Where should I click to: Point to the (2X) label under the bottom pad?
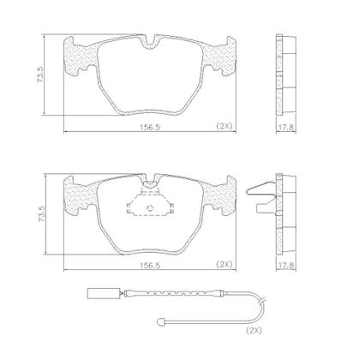pyautogui.click(x=224, y=264)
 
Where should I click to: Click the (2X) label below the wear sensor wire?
pyautogui.click(x=254, y=330)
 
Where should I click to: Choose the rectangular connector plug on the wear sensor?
pyautogui.click(x=98, y=296)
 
